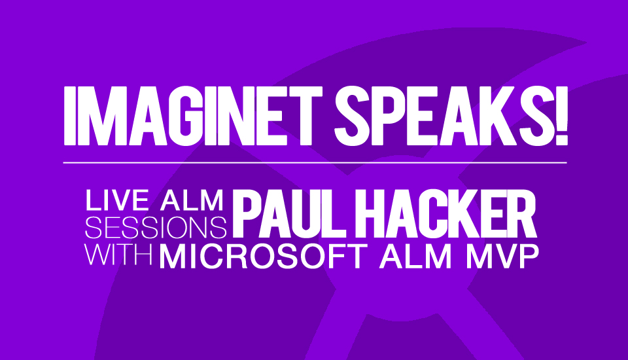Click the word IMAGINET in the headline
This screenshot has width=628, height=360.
pos(193,116)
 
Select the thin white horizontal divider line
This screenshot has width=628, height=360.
pos(315,163)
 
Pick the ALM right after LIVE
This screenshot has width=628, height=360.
pos(192,200)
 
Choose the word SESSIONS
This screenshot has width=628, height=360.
pos(156,227)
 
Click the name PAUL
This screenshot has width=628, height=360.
pos(289,215)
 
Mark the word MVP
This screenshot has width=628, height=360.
pos(502,256)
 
